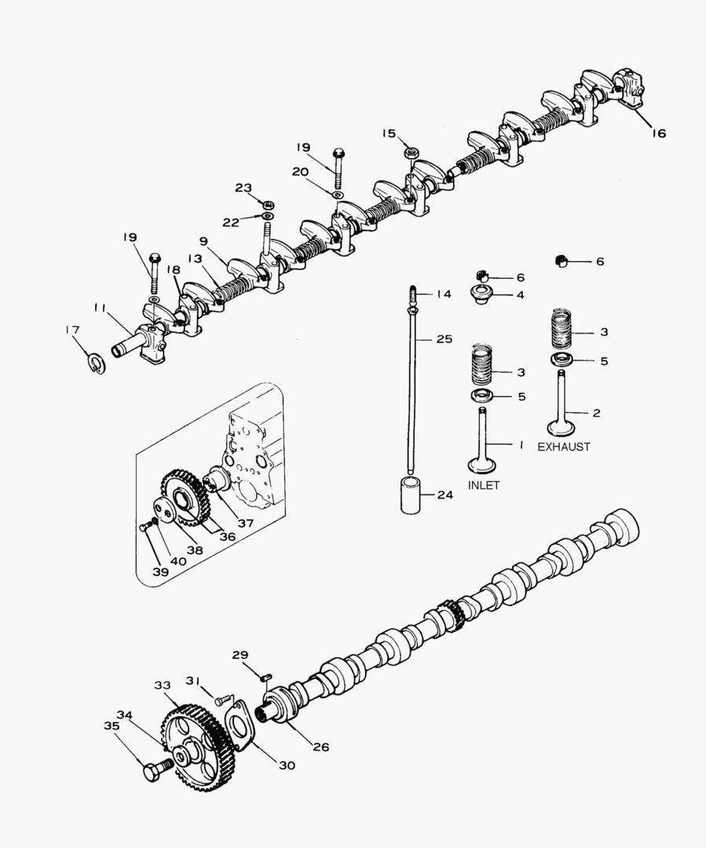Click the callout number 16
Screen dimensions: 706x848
click(x=659, y=133)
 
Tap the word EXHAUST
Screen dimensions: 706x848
click(x=564, y=447)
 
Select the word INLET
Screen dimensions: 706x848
click(x=484, y=485)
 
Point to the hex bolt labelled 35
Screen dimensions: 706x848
click(x=158, y=769)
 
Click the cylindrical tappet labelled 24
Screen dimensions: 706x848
click(x=409, y=495)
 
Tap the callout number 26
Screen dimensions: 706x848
click(x=321, y=747)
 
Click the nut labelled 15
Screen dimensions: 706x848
click(x=412, y=152)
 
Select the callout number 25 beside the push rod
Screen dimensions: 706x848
click(x=444, y=339)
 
